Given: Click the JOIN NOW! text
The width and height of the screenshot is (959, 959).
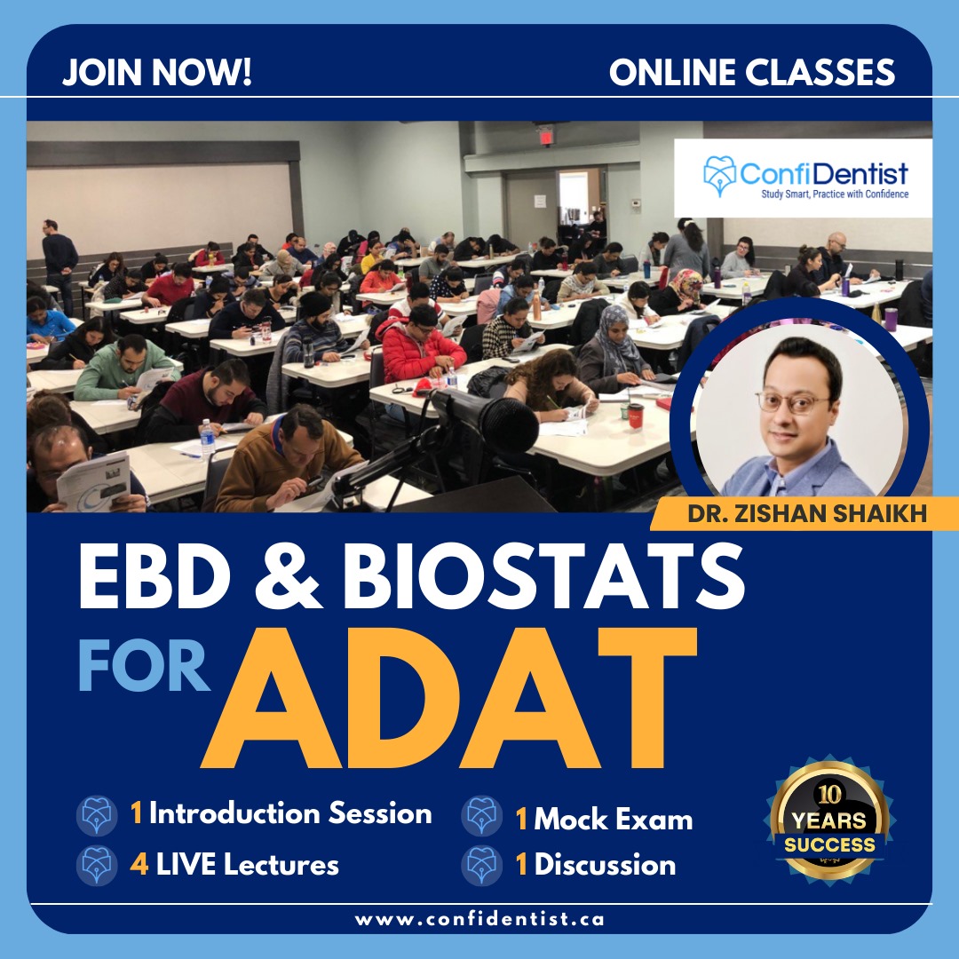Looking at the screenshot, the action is click(x=157, y=72).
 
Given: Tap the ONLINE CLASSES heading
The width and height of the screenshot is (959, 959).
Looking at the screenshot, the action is click(x=752, y=72).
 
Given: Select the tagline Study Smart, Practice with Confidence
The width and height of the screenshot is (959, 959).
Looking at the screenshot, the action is click(x=834, y=194).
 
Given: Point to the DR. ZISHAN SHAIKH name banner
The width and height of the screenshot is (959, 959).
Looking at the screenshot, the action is click(x=806, y=513).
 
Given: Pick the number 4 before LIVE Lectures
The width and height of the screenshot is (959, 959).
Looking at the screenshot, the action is click(x=139, y=864).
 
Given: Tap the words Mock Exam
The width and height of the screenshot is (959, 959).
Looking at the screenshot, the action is click(x=613, y=820).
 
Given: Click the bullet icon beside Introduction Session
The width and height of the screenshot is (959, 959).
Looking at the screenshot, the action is click(x=98, y=815).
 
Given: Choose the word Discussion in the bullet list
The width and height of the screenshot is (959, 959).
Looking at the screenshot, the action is click(x=605, y=865).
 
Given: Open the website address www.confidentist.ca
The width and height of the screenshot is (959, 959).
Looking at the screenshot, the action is click(x=479, y=919).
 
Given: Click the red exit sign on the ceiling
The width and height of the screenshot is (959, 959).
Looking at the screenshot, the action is click(x=544, y=136).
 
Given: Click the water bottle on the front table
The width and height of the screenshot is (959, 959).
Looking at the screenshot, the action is click(x=207, y=438).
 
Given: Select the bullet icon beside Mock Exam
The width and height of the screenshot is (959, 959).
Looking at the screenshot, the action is click(x=482, y=815).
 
